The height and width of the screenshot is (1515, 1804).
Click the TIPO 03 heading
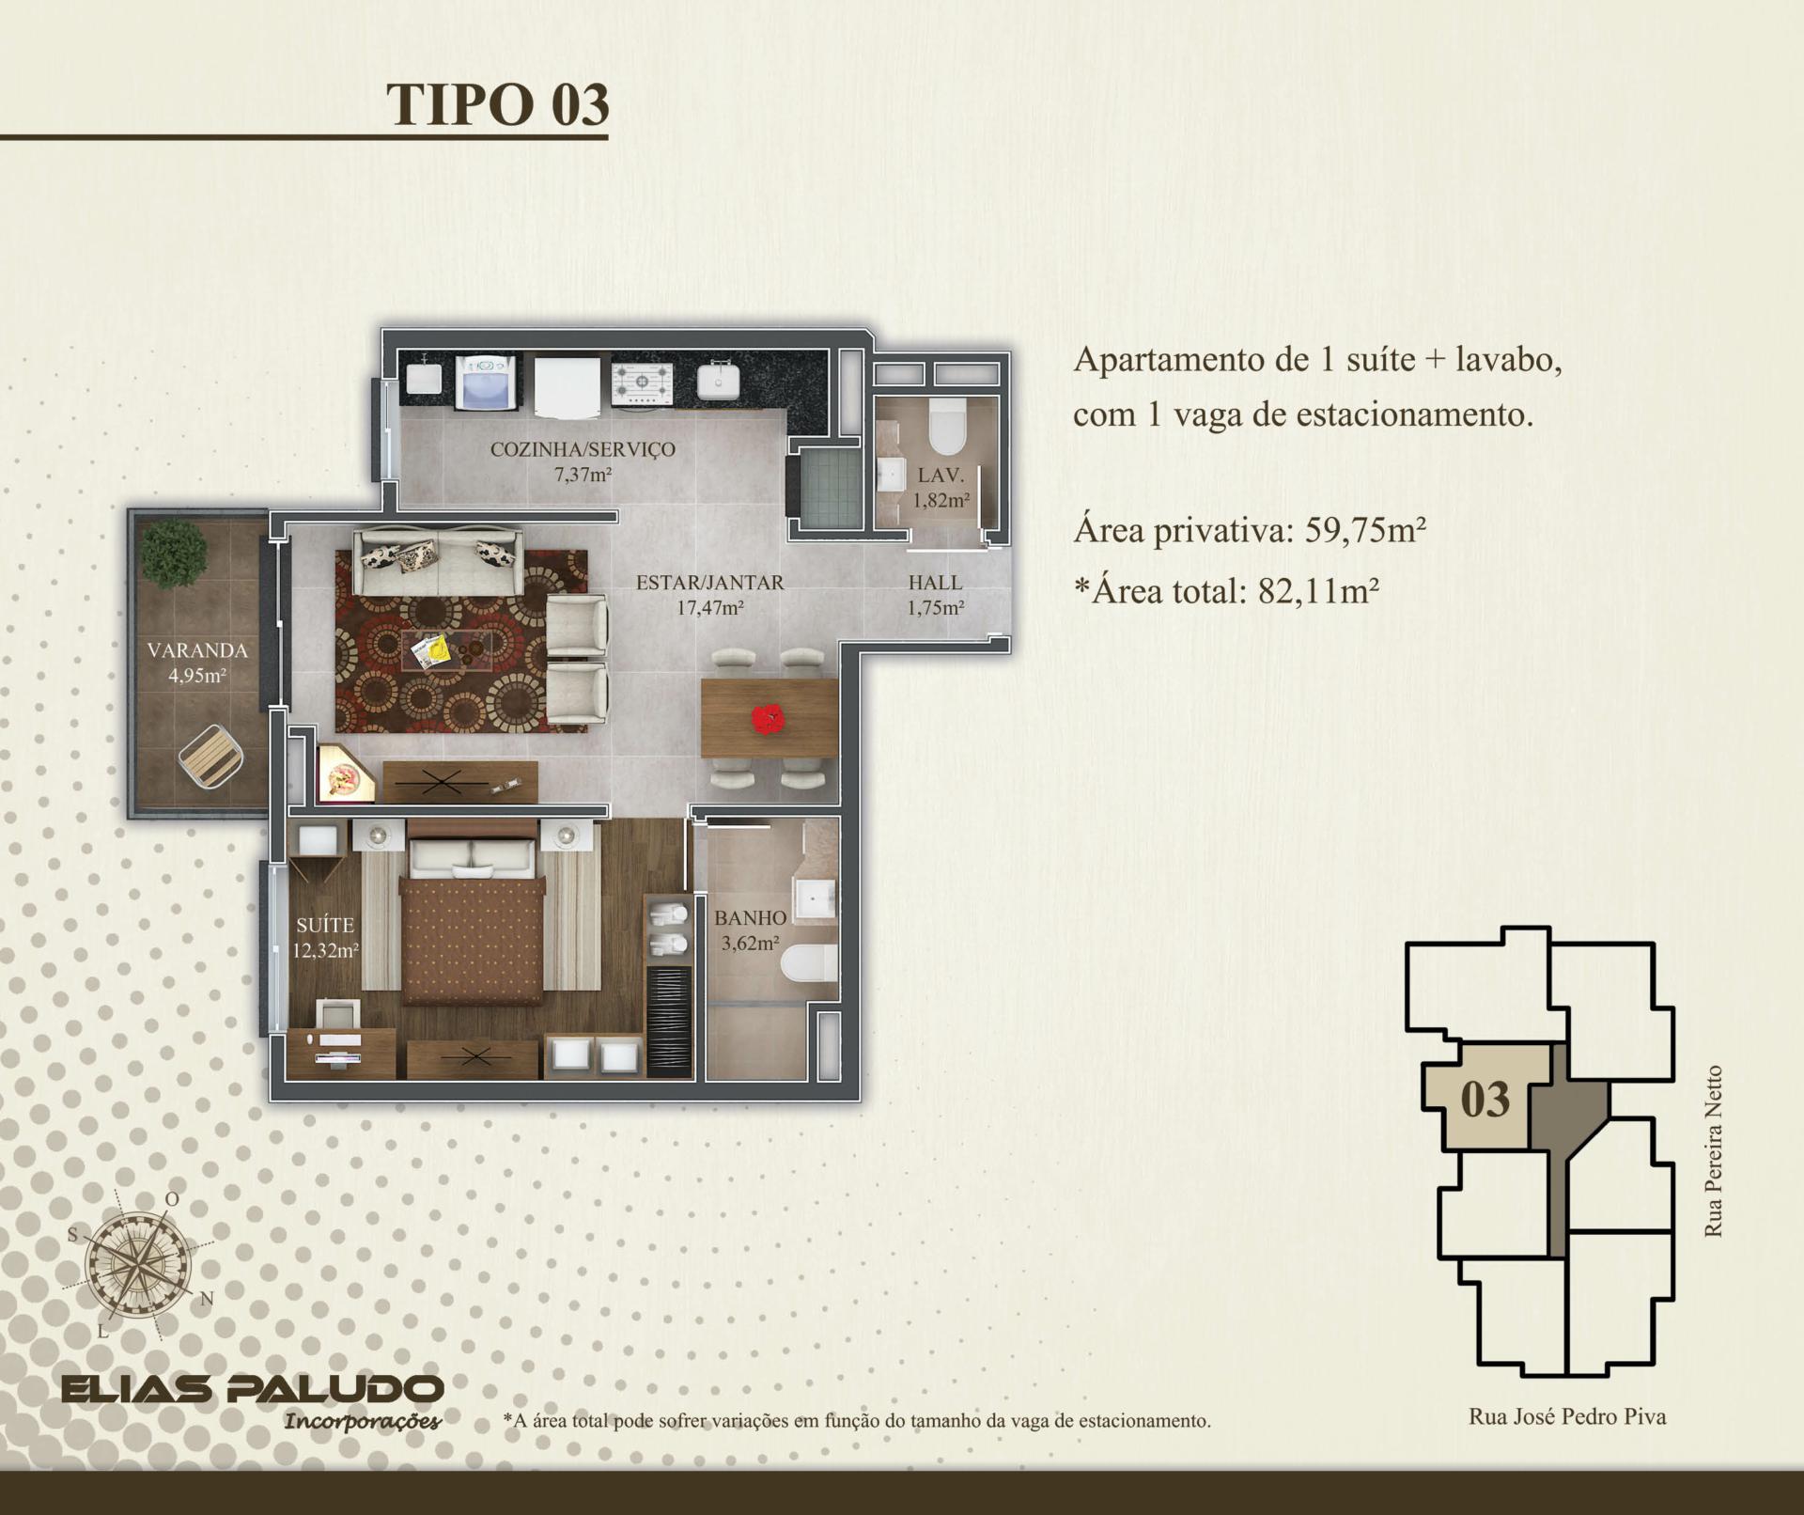pyautogui.click(x=498, y=104)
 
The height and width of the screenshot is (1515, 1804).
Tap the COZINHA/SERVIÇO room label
pyautogui.click(x=583, y=449)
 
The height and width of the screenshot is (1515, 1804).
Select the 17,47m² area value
pyautogui.click(x=710, y=607)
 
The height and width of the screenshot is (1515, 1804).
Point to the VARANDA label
pyautogui.click(x=197, y=650)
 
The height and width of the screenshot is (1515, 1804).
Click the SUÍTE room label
pyautogui.click(x=325, y=926)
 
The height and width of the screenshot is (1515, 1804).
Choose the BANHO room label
pyautogui.click(x=750, y=918)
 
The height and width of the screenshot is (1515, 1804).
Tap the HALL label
pyautogui.click(x=935, y=583)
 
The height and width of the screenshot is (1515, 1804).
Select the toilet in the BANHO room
pyautogui.click(x=809, y=963)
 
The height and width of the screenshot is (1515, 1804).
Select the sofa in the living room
pyautogui.click(x=438, y=561)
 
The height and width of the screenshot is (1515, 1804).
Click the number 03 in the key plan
pyautogui.click(x=1485, y=1099)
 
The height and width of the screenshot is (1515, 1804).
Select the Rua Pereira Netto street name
pyautogui.click(x=1714, y=1150)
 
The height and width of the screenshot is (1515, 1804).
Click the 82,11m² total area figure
pyautogui.click(x=1318, y=590)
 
